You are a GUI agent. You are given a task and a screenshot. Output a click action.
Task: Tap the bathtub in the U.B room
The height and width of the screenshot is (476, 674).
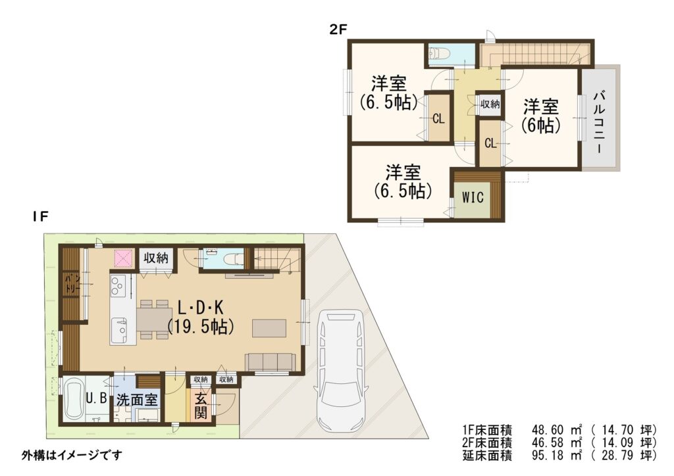(73, 400)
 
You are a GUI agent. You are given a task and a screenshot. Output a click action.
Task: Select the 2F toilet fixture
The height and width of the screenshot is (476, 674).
(439, 53)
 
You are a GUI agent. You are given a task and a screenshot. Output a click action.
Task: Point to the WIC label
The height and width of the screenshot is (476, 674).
(473, 197)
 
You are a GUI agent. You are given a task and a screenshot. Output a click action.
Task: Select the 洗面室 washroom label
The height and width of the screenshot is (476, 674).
(138, 400)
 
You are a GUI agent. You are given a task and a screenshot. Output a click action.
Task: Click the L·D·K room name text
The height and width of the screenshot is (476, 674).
(201, 307)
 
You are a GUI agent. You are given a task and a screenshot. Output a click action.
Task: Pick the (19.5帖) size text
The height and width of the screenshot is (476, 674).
(201, 327)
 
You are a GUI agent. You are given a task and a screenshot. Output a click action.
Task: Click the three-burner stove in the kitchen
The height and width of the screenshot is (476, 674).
(118, 286)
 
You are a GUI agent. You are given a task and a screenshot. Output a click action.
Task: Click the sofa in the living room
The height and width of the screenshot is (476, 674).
(271, 362)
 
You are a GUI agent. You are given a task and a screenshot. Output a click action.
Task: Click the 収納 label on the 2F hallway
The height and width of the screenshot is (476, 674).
(490, 103)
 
